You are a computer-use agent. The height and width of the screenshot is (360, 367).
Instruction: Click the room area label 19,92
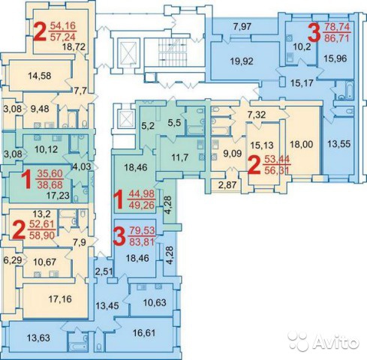[242, 61]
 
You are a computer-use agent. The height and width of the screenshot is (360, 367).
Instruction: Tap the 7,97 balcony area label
[242, 26]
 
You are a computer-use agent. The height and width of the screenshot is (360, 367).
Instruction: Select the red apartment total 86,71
[336, 38]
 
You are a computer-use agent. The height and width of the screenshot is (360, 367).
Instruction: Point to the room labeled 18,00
[302, 144]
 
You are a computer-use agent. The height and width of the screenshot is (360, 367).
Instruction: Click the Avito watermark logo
[323, 340]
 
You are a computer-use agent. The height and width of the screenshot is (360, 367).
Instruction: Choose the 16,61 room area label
[144, 333]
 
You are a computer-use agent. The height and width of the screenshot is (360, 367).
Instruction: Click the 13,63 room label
[38, 337]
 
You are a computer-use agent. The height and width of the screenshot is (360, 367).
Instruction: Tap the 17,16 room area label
[60, 298]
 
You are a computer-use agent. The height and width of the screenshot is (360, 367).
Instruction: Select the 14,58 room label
[40, 75]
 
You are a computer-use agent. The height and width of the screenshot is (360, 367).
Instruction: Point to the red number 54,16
[63, 25]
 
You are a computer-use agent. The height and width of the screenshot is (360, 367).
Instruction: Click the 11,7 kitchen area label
[180, 157]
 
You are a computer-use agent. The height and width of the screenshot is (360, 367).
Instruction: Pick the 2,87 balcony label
[227, 185]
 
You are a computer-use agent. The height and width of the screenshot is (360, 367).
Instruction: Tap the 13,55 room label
[339, 144]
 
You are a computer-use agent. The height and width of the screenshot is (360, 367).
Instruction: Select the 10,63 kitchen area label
[155, 302]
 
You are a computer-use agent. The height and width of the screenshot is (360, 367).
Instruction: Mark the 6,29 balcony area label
[12, 260]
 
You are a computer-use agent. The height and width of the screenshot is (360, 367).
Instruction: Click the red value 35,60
[50, 173]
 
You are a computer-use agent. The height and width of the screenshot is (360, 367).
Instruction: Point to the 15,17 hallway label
[302, 82]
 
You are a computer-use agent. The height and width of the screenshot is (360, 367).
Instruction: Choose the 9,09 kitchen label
[233, 153]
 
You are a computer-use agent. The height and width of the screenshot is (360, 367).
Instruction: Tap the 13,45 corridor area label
[107, 305]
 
